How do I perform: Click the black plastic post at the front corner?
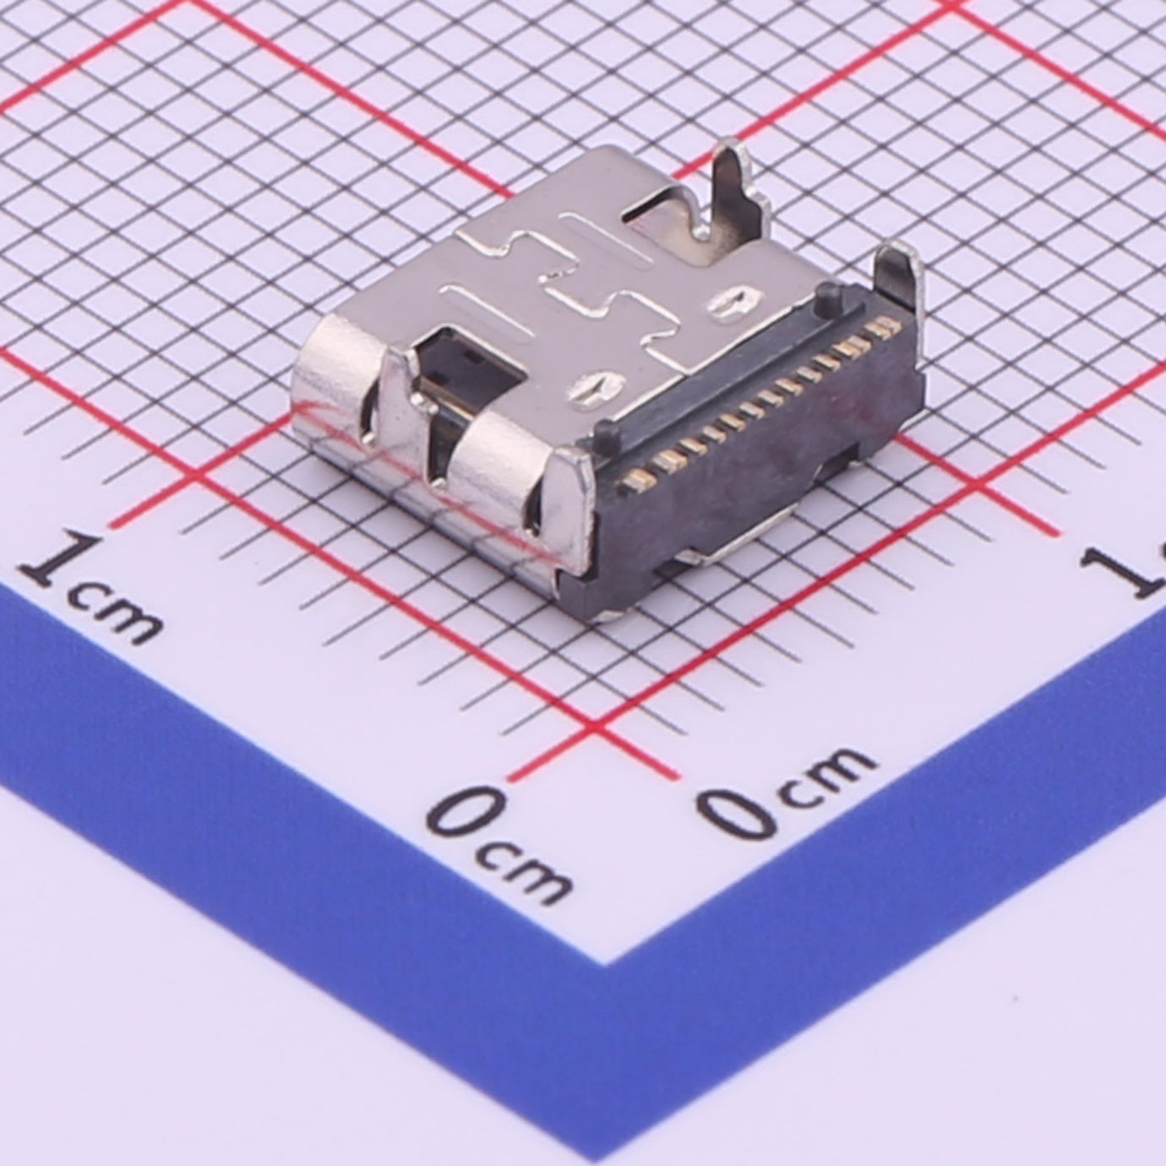click(608, 434)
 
